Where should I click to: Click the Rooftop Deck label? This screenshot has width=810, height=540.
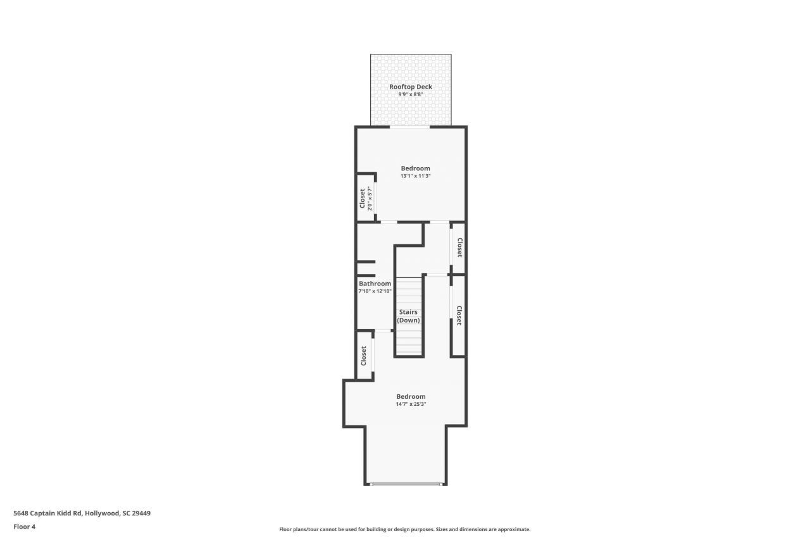click(x=411, y=86)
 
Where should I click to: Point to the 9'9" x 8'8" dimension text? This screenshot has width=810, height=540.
click(x=411, y=94)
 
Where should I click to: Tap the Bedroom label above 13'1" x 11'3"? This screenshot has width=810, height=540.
click(x=415, y=168)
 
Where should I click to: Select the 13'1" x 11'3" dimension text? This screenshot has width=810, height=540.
click(x=415, y=176)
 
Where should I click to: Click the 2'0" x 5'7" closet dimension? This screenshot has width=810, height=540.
click(x=370, y=199)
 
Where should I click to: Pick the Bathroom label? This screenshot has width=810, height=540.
click(x=375, y=284)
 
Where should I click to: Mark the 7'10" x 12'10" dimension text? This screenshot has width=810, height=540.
click(x=375, y=291)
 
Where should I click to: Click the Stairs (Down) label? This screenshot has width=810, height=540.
click(x=408, y=316)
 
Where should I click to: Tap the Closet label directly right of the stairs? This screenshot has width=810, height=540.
click(x=459, y=315)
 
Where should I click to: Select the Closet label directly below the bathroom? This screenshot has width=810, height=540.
click(x=363, y=355)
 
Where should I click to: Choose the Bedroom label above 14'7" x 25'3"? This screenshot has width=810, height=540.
click(x=411, y=396)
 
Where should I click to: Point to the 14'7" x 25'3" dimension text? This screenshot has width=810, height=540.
click(x=411, y=404)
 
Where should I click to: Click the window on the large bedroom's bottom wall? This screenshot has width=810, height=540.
click(x=406, y=484)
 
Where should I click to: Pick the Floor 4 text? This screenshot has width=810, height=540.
click(x=24, y=526)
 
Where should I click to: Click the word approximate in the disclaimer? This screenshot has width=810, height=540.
click(x=514, y=529)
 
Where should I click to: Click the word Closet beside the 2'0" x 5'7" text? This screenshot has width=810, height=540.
click(x=363, y=199)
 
